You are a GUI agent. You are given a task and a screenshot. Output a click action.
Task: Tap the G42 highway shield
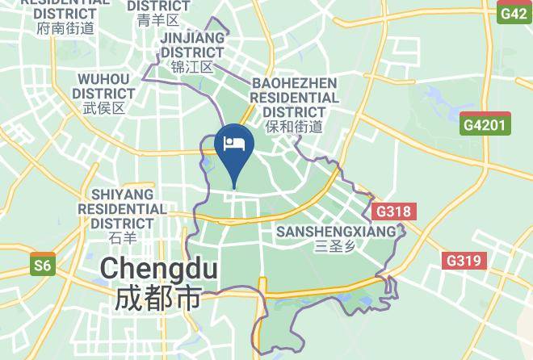(x=513, y=13)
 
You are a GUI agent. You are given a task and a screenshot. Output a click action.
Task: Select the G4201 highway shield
(x=485, y=124)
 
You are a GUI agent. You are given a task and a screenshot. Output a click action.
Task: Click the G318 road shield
(x=394, y=211)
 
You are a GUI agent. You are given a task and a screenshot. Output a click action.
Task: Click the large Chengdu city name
(x=159, y=269)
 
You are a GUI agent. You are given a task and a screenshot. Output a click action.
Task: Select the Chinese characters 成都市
(x=157, y=299)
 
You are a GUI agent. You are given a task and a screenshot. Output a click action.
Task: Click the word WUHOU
(x=103, y=78)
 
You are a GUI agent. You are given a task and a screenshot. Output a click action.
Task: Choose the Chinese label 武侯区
(x=103, y=108)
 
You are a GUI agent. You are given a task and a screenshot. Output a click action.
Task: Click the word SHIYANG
(x=122, y=195)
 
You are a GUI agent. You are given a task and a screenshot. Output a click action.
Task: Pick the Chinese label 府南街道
(x=65, y=28)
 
